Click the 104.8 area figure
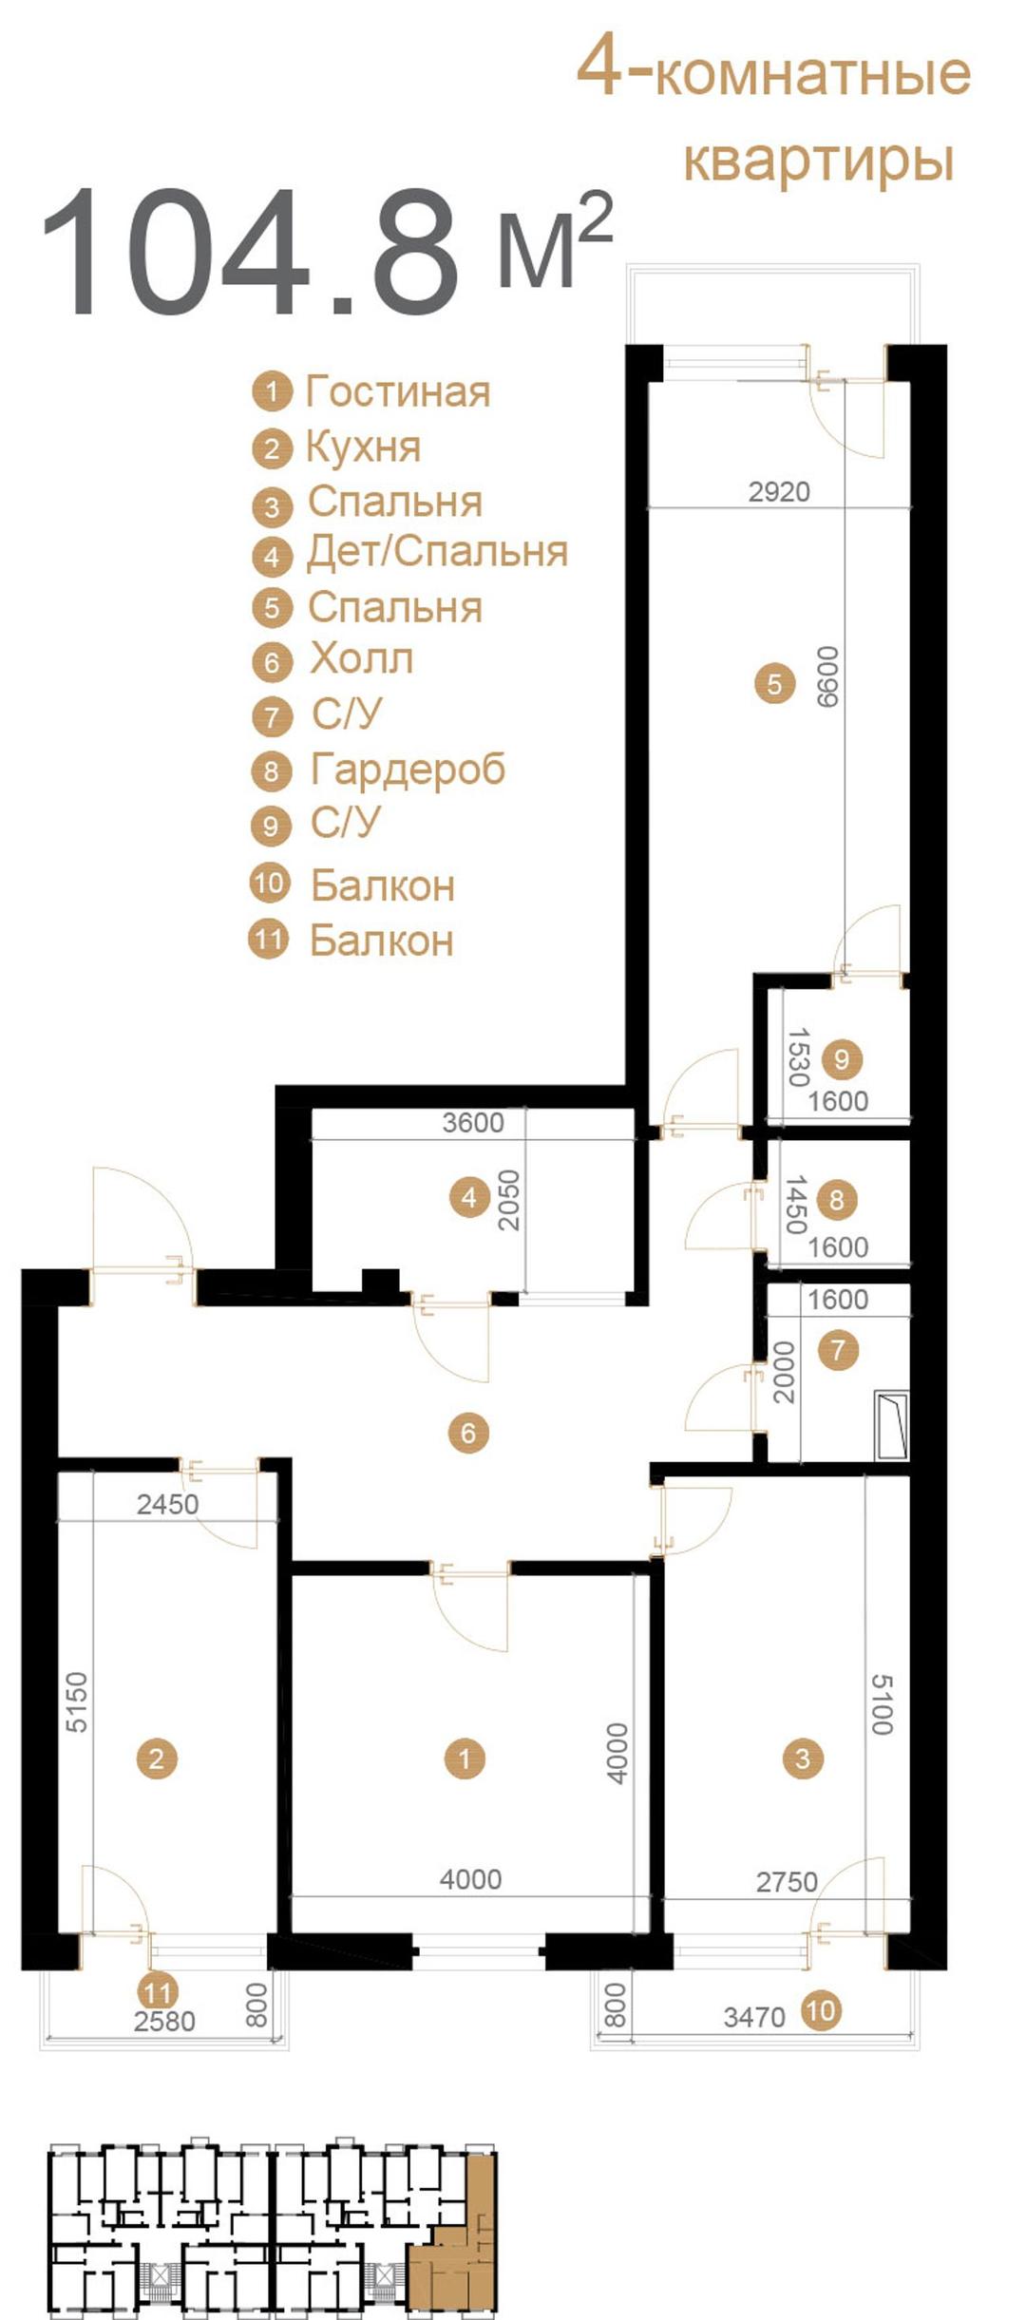[250, 251]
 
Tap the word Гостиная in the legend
[398, 391]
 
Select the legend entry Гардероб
[408, 770]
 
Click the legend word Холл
[362, 658]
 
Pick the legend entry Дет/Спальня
[437, 553]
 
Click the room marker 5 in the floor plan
[774, 683]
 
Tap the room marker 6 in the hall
[468, 1432]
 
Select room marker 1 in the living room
[465, 1758]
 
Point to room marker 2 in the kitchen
[157, 1758]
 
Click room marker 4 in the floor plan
[469, 1198]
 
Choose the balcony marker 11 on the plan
[158, 1991]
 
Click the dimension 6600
[828, 676]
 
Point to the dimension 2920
[779, 491]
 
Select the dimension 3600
[473, 1122]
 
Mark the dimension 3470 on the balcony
[754, 2016]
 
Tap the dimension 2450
[168, 1504]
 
